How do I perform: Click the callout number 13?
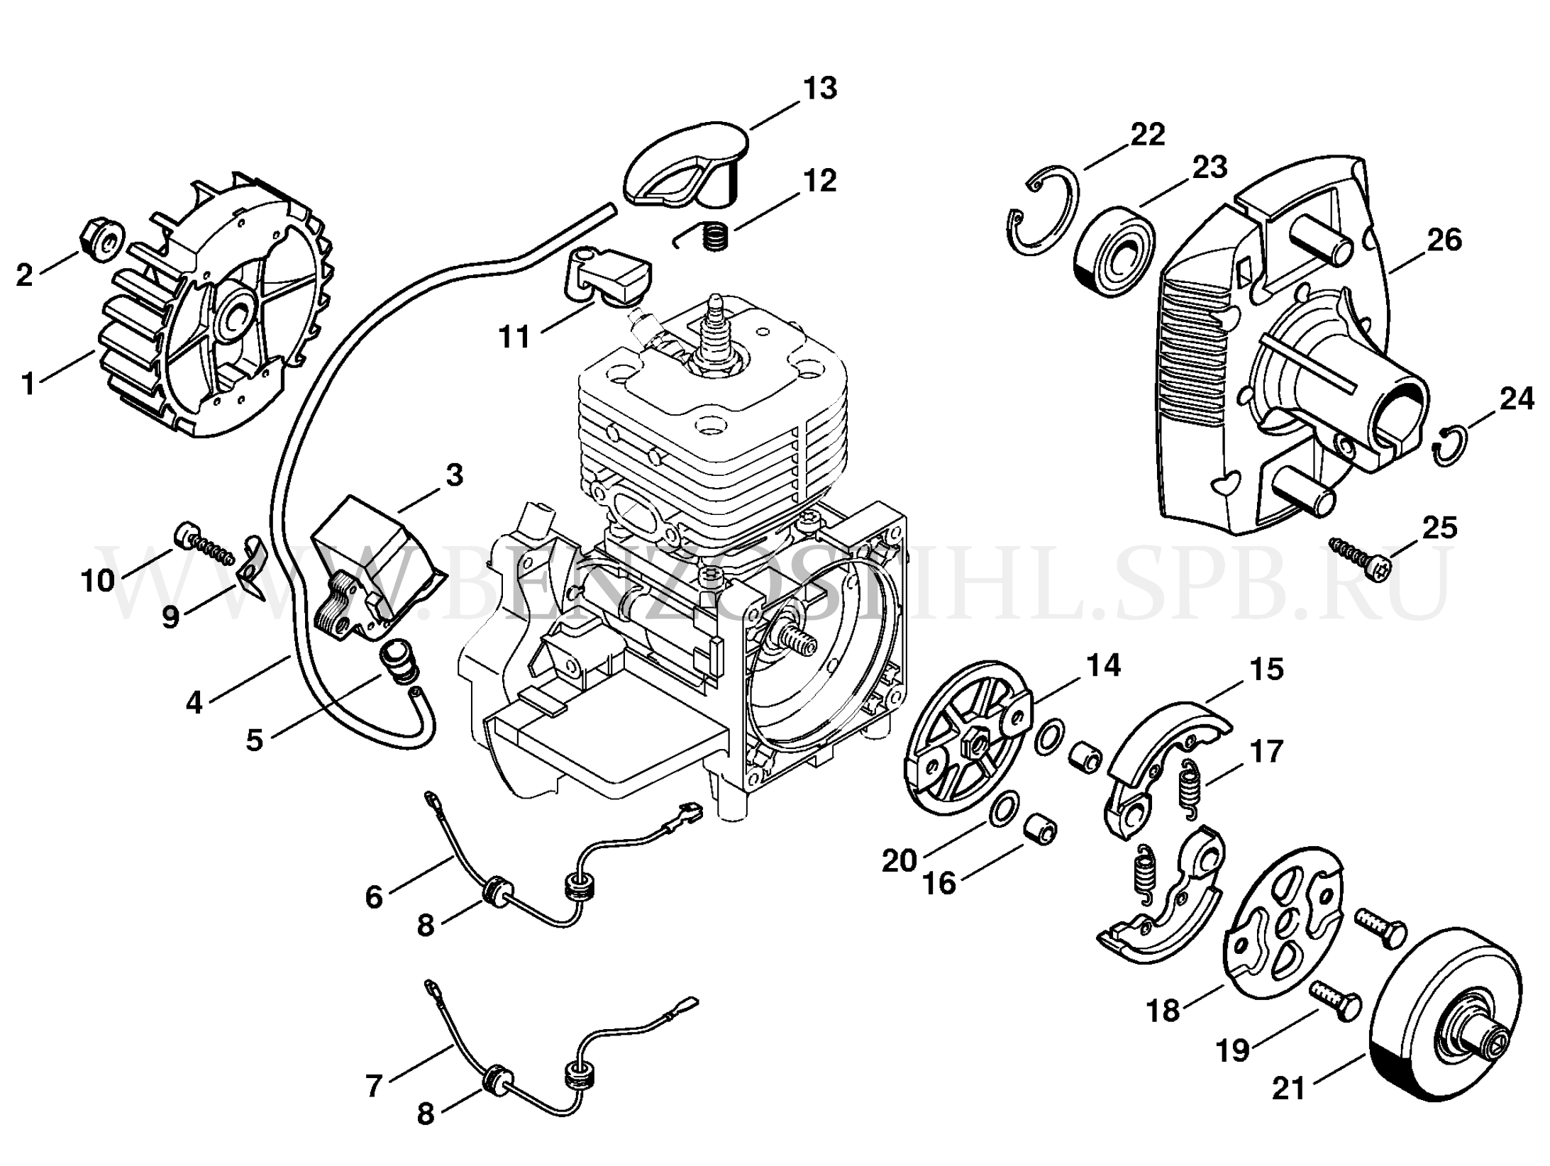coord(820,89)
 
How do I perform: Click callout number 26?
coord(1444,240)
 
